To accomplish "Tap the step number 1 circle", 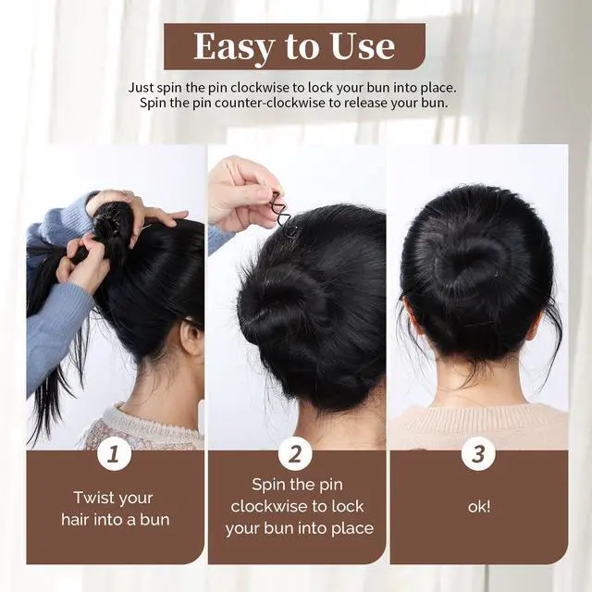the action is [114, 453].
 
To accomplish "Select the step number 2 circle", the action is [295, 453].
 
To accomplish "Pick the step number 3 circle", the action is [478, 453].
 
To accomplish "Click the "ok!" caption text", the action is [479, 506].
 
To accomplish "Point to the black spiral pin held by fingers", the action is [281, 214].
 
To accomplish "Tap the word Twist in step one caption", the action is [91, 498].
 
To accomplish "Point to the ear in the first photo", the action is [191, 336].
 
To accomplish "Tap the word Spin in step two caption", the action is [268, 485].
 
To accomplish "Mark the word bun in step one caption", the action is [154, 520].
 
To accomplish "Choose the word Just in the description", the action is [141, 88].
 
